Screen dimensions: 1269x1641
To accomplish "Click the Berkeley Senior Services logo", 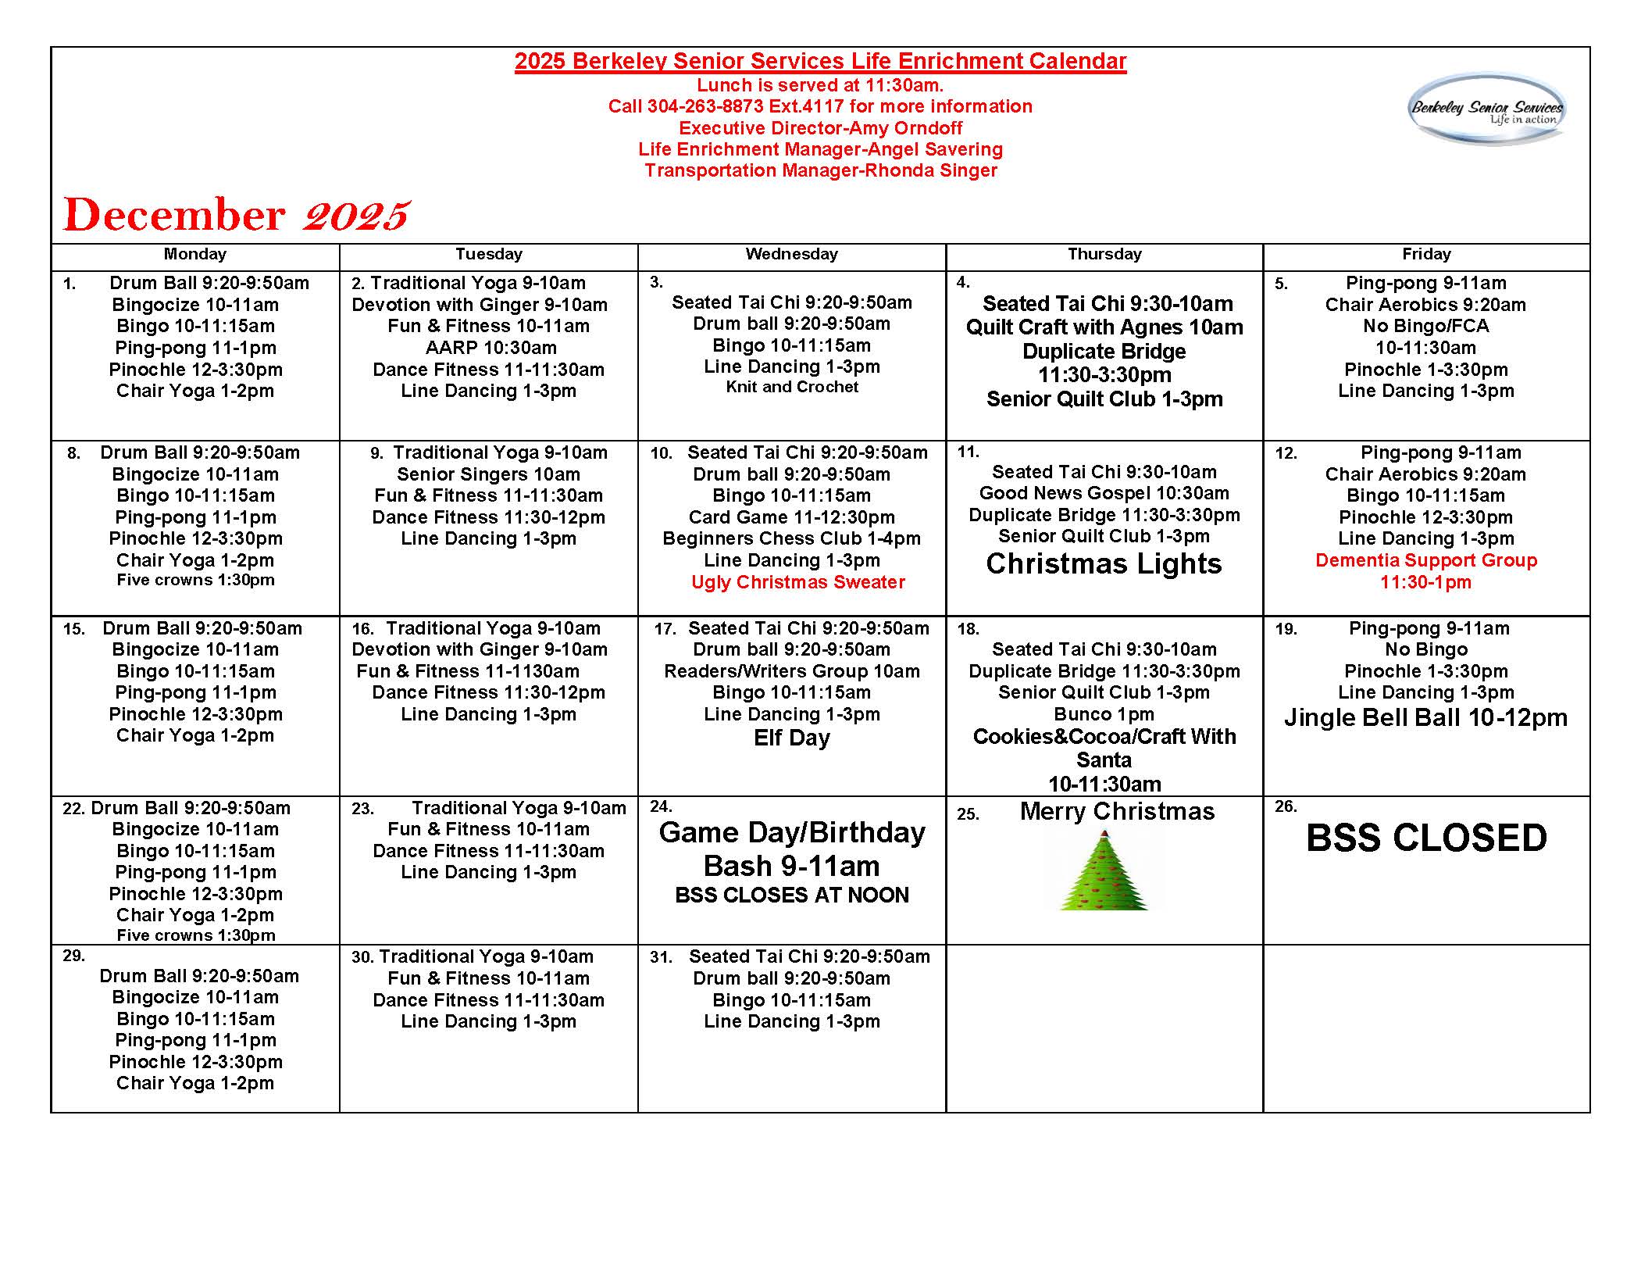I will point(1486,109).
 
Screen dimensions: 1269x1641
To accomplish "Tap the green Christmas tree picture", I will point(1104,870).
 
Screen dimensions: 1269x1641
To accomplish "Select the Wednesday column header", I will point(791,254).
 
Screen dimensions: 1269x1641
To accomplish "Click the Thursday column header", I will point(1104,254).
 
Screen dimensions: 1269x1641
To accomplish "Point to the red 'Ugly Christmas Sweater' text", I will point(797,582).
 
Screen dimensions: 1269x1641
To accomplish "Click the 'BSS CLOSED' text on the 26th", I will point(1426,838).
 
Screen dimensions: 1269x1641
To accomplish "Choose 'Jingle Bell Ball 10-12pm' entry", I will point(1425,717).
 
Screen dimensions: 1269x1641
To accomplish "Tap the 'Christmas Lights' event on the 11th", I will point(1104,563).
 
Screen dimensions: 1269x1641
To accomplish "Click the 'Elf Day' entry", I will point(791,738).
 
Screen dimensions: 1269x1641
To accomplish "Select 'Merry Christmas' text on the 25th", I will point(1117,812).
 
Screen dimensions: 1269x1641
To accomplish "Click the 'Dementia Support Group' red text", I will point(1425,560).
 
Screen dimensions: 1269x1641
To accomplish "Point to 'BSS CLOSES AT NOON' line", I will point(791,895).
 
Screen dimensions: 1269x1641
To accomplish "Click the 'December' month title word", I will point(174,215).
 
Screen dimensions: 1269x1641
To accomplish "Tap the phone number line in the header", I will point(820,106).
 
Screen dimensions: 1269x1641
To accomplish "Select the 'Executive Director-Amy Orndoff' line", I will point(820,128).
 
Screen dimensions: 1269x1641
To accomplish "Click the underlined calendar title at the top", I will point(820,62).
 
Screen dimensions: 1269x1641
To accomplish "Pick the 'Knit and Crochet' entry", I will point(791,387).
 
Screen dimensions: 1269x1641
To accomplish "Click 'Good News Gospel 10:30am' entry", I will point(1104,493).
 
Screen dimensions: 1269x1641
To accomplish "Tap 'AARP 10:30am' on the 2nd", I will point(491,348).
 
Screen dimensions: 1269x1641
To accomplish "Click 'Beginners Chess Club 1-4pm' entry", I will point(791,538).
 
